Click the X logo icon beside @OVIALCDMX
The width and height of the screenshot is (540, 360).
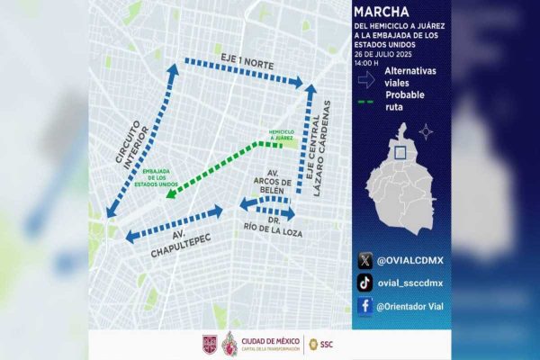pos(364,260)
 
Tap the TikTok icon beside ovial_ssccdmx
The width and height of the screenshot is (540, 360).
pos(364,283)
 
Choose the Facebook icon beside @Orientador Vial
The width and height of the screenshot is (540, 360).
pos(364,306)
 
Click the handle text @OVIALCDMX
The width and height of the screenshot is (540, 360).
pos(411,260)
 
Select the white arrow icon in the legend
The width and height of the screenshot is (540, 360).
pos(365,78)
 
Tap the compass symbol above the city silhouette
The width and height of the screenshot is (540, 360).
pos(426,132)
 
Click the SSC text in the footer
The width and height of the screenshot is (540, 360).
pos(327,344)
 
